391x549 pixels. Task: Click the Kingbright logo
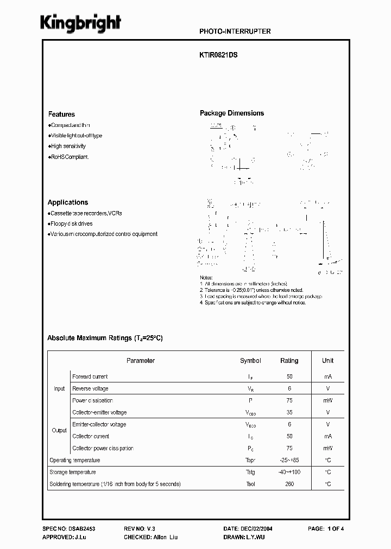pyautogui.click(x=81, y=24)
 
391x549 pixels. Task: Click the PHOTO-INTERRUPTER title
pyautogui.click(x=235, y=31)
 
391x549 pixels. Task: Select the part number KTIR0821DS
pyautogui.click(x=219, y=55)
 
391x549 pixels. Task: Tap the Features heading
pyautogui.click(x=61, y=114)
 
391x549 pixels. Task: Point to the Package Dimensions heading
pyautogui.click(x=232, y=113)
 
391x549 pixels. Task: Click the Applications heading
pyautogui.click(x=68, y=202)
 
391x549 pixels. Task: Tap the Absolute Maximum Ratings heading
pyautogui.click(x=105, y=338)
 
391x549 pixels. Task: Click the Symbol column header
pyautogui.click(x=250, y=361)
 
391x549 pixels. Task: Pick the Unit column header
pyautogui.click(x=328, y=361)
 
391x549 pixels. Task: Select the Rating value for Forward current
pyautogui.click(x=289, y=376)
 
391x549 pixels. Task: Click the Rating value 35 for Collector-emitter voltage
pyautogui.click(x=289, y=413)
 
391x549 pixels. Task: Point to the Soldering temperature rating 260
pyautogui.click(x=289, y=484)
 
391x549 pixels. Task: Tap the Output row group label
pyautogui.click(x=59, y=430)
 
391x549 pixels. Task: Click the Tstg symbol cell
pyautogui.click(x=250, y=472)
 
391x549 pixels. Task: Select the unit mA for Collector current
pyautogui.click(x=328, y=436)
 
